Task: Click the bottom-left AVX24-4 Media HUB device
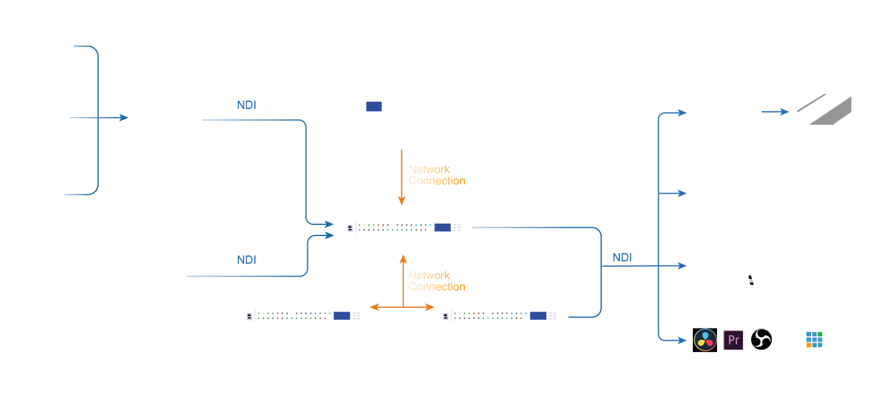click(303, 313)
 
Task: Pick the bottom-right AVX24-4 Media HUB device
click(499, 313)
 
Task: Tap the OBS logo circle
click(761, 339)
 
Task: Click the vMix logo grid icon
click(814, 339)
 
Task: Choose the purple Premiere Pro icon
click(733, 340)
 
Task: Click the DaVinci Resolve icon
click(705, 340)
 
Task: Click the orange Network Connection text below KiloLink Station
click(437, 175)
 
